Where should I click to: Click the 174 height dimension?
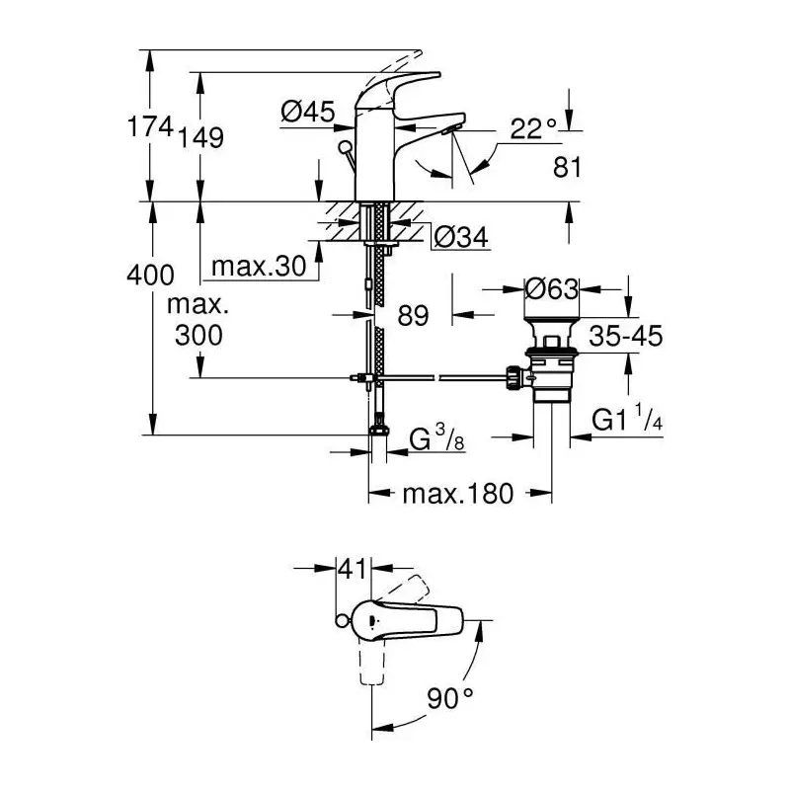150,126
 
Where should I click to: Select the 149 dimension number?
200,137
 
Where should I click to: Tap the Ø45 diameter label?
307,111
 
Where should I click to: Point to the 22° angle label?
533,129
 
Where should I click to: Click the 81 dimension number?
567,167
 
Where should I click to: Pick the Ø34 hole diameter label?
461,236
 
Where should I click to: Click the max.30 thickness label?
259,266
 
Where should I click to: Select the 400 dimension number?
150,276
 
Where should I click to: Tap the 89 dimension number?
413,315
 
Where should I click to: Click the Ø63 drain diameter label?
552,289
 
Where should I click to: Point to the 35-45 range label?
626,336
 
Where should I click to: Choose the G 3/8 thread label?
436,437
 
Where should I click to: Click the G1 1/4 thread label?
627,418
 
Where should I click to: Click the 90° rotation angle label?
450,698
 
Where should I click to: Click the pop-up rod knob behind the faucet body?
345,148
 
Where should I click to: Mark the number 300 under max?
198,335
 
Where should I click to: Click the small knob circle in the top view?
341,621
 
